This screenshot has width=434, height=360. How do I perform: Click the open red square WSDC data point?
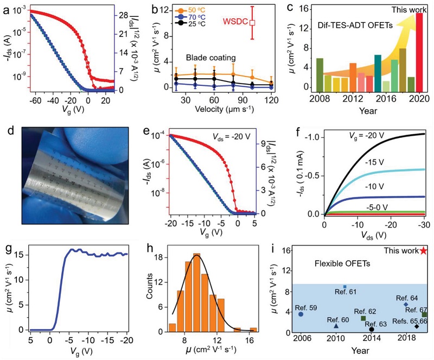(x=252, y=23)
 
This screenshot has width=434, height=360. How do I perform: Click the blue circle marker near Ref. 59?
(x=301, y=314)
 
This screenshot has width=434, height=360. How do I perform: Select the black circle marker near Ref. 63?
(x=371, y=329)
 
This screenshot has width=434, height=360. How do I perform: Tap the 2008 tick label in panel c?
(x=318, y=98)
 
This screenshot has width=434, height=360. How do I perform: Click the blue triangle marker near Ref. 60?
(x=336, y=325)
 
